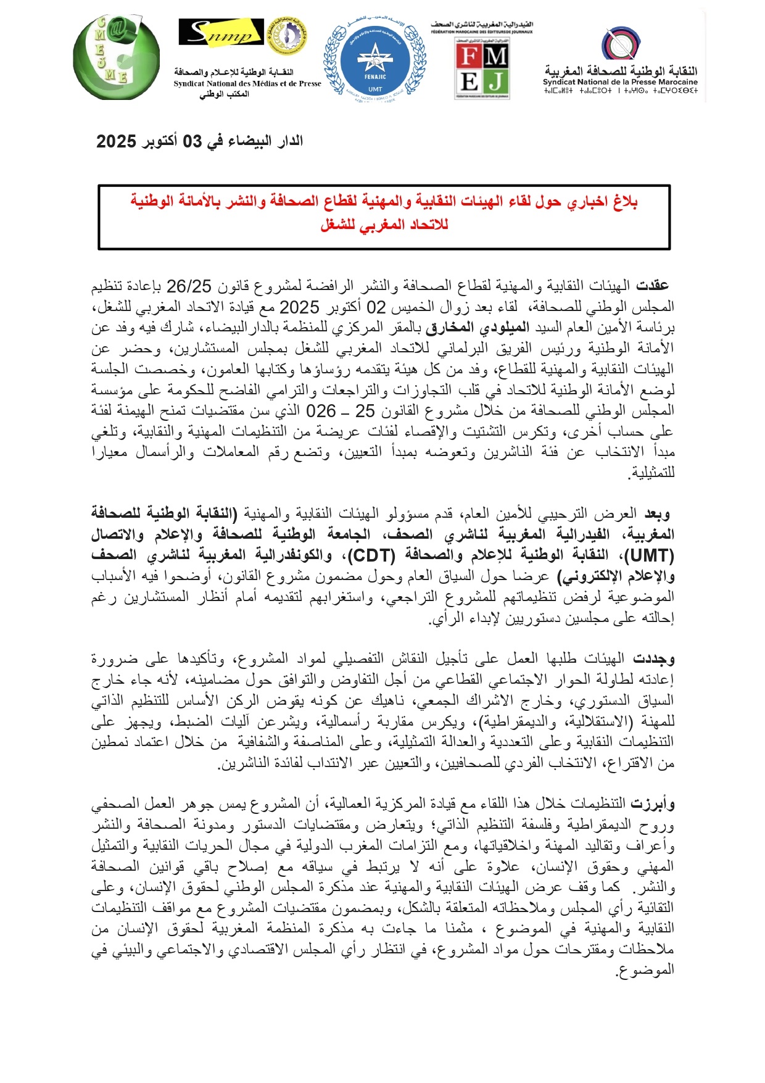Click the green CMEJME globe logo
pos(115,59)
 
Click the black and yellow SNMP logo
pos(221,31)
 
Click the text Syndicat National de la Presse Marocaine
pos(620,82)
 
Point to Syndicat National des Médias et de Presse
pos(247,84)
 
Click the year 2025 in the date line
pos(116,141)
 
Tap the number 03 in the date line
pos(192,141)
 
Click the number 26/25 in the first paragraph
pos(189,286)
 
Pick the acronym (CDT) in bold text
pos(371,556)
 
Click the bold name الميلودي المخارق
pos(463,328)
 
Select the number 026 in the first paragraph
pos(321,411)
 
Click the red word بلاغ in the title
pos(622,201)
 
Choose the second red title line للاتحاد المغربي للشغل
pos(384,225)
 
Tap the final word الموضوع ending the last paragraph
pos(645,971)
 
